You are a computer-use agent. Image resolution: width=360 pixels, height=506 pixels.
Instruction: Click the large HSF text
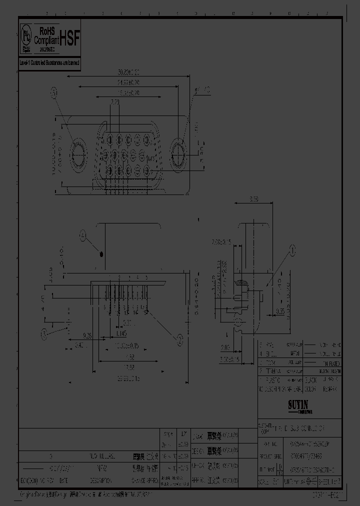(69, 38)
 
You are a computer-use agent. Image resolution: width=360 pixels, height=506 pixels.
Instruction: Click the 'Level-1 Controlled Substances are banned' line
(49, 63)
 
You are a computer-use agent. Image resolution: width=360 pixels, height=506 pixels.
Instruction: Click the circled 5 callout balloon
(54, 92)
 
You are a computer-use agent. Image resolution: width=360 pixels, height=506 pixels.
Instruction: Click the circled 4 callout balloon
(83, 234)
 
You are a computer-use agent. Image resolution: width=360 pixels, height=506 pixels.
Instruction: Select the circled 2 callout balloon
(178, 339)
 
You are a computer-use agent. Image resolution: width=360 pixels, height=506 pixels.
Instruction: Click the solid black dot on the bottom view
(102, 254)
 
